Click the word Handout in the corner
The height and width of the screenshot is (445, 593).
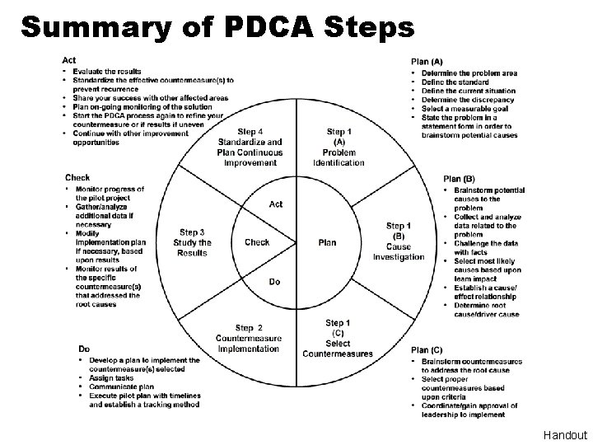(565, 435)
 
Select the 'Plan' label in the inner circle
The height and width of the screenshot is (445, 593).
(328, 243)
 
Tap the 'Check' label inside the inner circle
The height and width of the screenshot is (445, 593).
(257, 242)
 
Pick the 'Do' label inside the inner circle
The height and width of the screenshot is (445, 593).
(274, 282)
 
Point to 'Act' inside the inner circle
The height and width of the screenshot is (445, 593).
(276, 204)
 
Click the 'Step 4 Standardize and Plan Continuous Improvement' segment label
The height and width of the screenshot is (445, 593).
(250, 148)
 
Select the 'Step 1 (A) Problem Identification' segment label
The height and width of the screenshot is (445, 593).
(339, 148)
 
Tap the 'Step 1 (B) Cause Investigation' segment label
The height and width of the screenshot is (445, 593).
(399, 241)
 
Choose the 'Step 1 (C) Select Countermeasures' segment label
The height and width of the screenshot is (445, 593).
(338, 339)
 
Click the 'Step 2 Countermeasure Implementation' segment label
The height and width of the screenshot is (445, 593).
(249, 339)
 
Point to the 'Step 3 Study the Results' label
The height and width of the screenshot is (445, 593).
(193, 242)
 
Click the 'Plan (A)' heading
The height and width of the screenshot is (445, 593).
(427, 61)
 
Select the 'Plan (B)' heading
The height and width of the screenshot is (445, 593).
(459, 179)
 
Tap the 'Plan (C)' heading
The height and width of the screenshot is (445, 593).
(427, 350)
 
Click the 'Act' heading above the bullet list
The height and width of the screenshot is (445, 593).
(69, 60)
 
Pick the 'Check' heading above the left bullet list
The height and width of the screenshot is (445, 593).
(77, 177)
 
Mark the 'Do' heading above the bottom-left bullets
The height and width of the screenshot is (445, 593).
(84, 348)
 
